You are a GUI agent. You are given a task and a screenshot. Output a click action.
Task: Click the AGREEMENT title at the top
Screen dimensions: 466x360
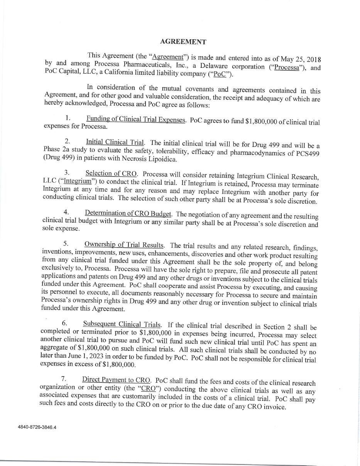click(183, 42)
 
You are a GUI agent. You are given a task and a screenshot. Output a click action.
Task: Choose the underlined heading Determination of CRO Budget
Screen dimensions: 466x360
click(128, 213)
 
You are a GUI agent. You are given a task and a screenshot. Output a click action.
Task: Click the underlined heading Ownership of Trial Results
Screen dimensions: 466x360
click(124, 245)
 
